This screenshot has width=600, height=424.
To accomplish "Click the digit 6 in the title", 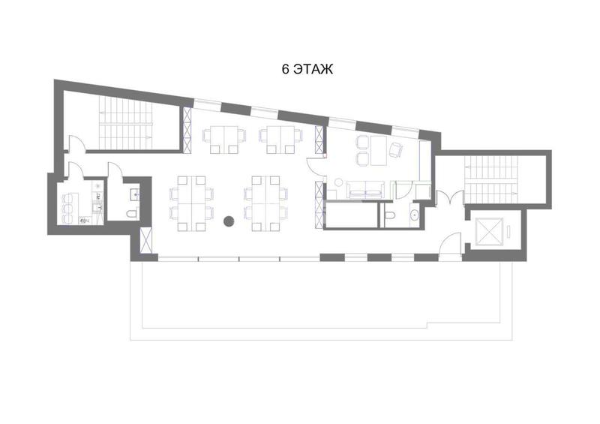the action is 286,69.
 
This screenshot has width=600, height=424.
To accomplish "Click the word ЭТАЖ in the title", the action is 313,69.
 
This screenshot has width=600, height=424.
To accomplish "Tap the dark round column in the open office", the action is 229,221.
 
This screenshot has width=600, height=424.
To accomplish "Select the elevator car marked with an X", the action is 489,232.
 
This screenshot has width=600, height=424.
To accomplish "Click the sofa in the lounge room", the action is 365,189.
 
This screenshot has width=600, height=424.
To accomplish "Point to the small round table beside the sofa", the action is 339,182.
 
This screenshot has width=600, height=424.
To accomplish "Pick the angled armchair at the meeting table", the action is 396,149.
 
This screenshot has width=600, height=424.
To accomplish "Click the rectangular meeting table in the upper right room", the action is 379,151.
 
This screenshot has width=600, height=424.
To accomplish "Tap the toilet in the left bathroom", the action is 132,214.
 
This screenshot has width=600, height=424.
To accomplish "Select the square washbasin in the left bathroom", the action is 135,194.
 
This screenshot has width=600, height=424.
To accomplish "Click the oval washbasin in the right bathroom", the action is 415,215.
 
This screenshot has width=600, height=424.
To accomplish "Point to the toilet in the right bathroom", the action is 389,215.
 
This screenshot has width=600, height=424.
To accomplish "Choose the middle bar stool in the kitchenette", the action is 67,209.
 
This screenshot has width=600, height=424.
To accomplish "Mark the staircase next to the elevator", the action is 491,179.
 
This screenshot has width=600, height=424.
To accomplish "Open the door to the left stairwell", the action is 77,143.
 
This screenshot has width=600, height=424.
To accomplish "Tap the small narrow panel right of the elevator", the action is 508,232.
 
